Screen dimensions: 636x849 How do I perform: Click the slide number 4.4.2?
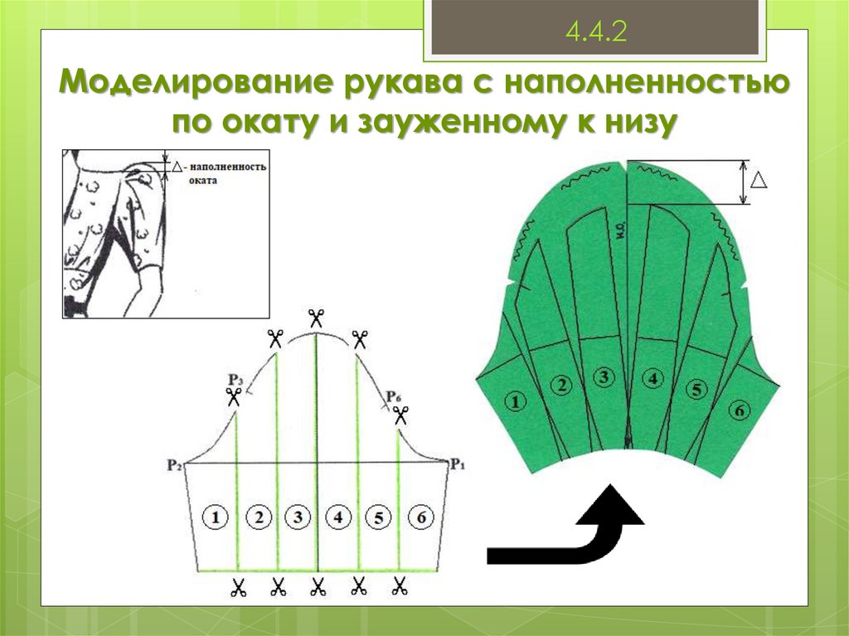[x=594, y=32]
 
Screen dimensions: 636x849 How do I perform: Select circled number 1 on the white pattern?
[x=216, y=517]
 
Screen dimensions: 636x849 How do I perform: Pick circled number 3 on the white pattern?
[x=297, y=517]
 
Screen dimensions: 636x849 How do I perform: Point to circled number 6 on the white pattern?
[x=420, y=517]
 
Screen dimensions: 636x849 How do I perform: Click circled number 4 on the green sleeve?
[x=653, y=379]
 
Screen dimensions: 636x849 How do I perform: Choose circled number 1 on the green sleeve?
[x=516, y=402]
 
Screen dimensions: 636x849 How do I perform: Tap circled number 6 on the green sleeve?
[x=739, y=409]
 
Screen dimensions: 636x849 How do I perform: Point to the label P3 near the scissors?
[x=235, y=380]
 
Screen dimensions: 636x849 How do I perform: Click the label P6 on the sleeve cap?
[x=394, y=395]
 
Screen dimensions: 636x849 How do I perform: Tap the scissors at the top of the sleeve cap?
[x=316, y=318]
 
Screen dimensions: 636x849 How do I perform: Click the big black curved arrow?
[x=580, y=531]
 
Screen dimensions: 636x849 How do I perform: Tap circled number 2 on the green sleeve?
[x=561, y=385]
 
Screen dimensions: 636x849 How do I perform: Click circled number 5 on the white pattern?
[x=377, y=517]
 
